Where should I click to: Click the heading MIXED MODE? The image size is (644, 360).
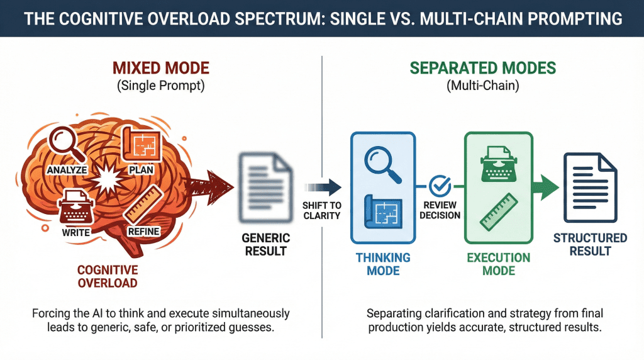(x=161, y=68)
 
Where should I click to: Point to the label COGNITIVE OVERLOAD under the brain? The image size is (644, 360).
(x=108, y=276)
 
